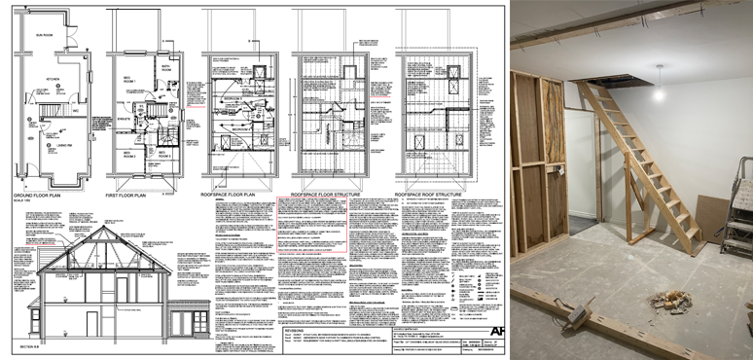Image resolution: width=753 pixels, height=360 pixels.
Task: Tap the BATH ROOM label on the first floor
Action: tap(165, 68)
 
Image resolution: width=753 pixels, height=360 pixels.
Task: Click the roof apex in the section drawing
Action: tap(101, 216)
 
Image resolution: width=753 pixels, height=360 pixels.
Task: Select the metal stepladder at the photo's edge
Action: tap(738, 209)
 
